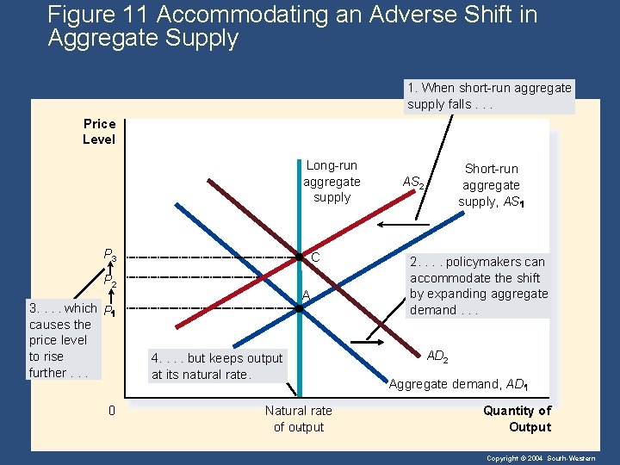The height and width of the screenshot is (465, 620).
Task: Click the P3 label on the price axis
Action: [x=110, y=255]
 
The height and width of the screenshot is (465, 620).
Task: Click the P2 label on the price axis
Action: [x=110, y=282]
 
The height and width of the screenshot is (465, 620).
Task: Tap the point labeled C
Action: [x=299, y=257]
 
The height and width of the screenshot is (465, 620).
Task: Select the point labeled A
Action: [x=299, y=307]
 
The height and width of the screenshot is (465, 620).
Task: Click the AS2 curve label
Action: [x=413, y=183]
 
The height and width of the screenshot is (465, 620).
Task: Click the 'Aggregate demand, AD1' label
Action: [x=457, y=384]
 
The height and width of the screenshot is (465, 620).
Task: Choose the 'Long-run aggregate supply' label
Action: [x=332, y=181]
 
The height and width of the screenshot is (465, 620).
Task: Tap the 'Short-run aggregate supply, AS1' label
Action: [x=491, y=185]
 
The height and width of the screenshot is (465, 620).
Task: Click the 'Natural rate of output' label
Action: [x=299, y=418]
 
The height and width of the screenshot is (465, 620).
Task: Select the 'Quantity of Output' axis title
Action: [x=518, y=418]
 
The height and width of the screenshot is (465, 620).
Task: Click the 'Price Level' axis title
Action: [x=99, y=132]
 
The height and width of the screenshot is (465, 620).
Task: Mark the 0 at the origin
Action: [x=111, y=410]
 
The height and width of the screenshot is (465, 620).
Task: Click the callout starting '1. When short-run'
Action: [x=489, y=96]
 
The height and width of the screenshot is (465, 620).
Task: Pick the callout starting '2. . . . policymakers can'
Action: [x=478, y=286]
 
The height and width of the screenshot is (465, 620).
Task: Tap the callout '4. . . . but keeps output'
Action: [x=216, y=366]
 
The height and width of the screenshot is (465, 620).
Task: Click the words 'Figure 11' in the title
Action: [x=92, y=15]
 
